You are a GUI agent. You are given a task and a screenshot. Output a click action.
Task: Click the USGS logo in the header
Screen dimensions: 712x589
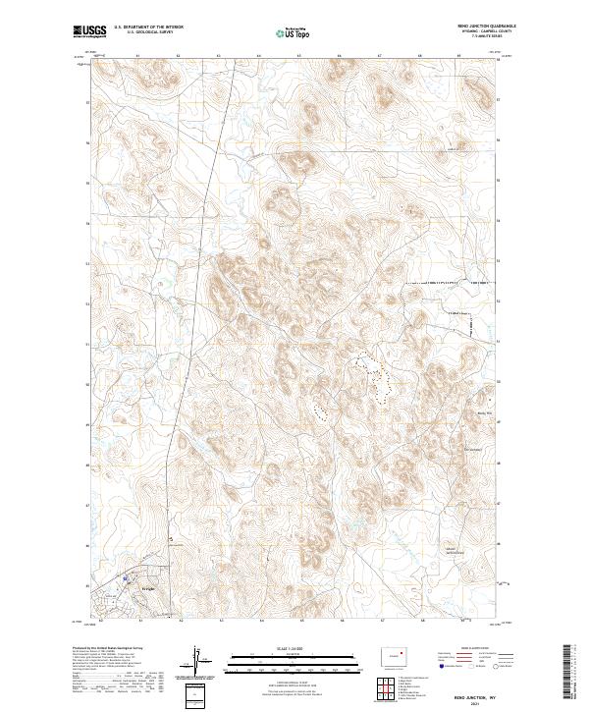[89, 31]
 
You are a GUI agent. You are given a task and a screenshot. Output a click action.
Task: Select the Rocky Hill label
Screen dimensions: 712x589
[483, 413]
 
